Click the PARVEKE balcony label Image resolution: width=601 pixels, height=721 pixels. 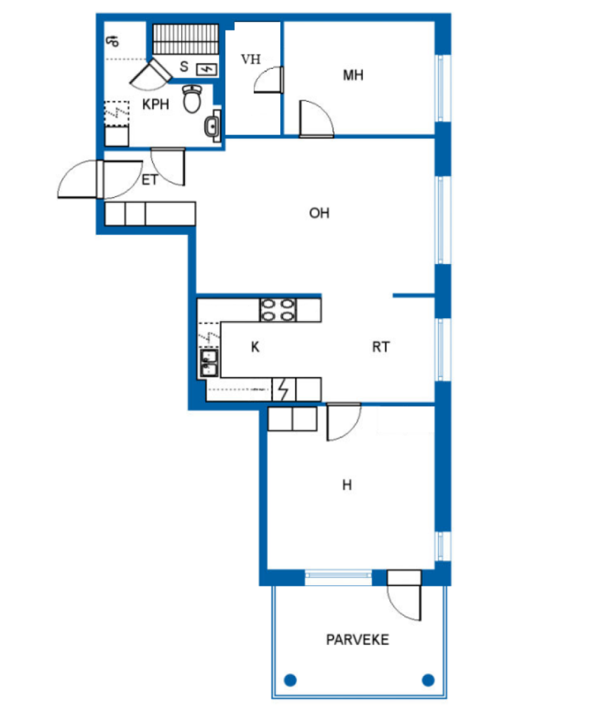click(357, 640)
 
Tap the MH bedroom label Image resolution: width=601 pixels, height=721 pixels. click(353, 75)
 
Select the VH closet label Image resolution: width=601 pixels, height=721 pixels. click(251, 58)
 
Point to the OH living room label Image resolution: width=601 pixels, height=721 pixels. click(320, 213)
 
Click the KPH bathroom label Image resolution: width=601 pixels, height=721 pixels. click(156, 105)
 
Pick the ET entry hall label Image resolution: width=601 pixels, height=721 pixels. click(150, 180)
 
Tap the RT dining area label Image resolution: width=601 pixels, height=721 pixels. click(381, 346)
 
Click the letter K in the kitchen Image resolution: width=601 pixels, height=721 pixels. click(255, 346)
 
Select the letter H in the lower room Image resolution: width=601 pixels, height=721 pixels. click(347, 485)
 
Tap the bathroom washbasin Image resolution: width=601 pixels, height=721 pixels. click(211, 127)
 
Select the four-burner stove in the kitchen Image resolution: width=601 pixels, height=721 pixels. click(277, 310)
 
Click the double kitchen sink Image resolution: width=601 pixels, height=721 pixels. click(209, 362)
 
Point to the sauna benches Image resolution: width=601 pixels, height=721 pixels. click(185, 37)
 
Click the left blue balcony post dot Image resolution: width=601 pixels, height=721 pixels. click(289, 680)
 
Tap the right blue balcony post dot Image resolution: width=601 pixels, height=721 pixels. click(427, 680)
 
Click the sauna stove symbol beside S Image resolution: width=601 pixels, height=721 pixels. click(208, 68)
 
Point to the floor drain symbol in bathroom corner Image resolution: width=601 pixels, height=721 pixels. click(111, 42)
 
